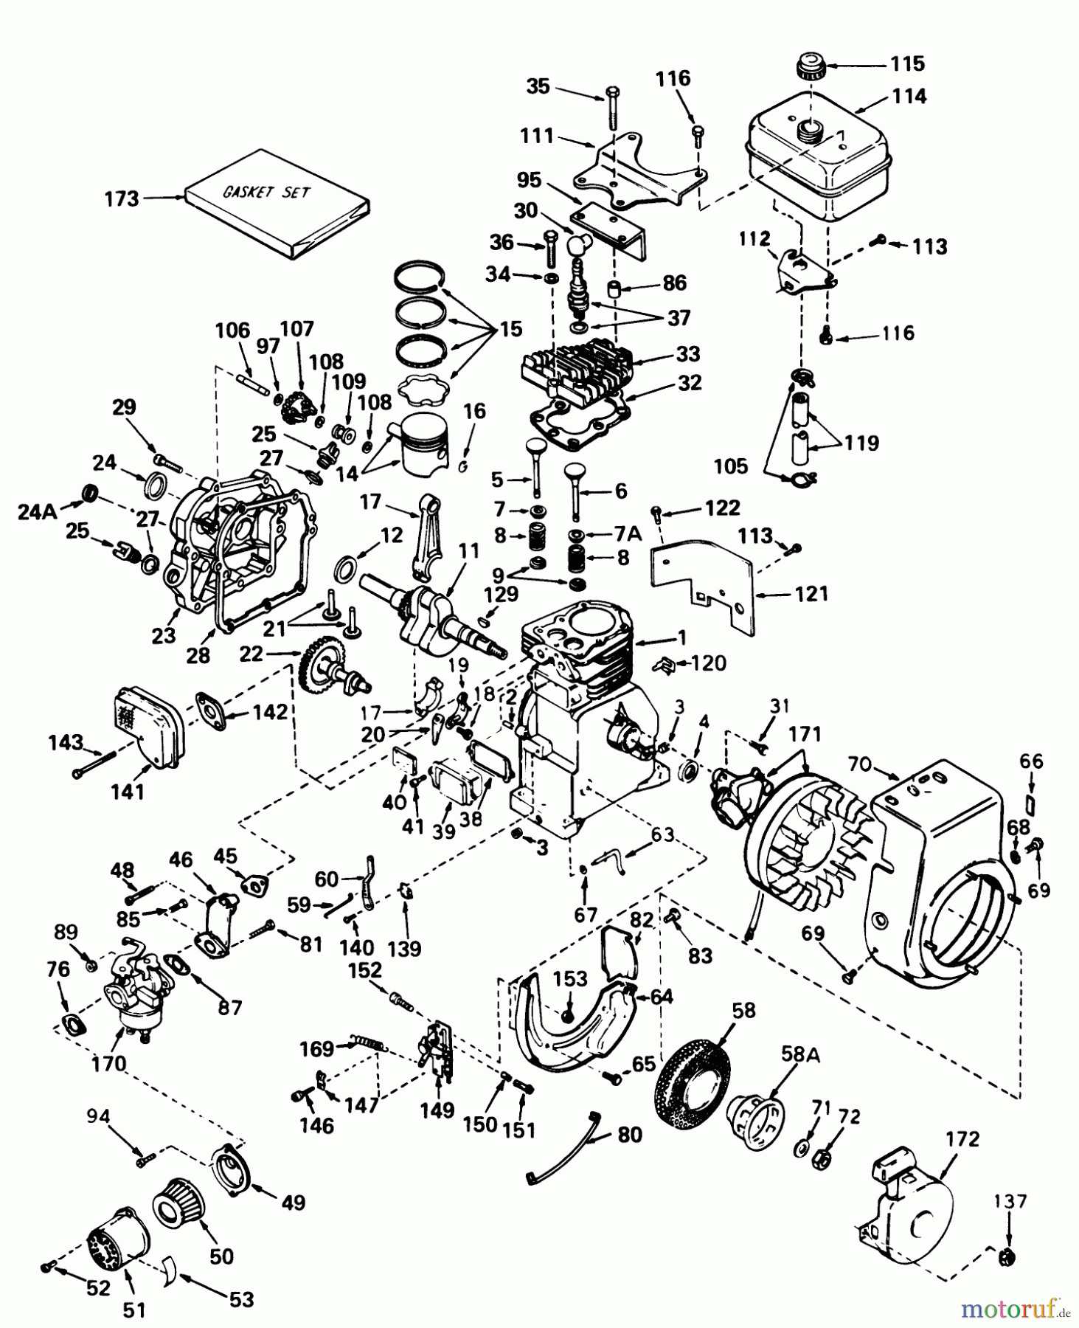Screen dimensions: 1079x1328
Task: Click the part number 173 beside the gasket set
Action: coord(122,198)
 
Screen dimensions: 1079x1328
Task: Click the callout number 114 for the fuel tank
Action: coord(909,96)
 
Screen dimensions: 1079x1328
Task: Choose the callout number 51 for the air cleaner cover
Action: coord(133,1310)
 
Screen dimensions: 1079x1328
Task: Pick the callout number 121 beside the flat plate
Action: coord(811,593)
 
